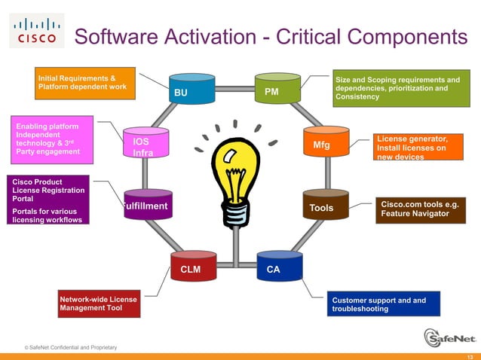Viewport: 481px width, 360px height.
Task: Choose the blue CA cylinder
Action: click(x=278, y=267)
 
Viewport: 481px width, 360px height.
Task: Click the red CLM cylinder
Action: click(x=193, y=267)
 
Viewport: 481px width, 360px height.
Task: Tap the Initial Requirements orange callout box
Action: click(x=84, y=84)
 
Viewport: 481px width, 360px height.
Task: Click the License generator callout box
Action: click(x=422, y=147)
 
